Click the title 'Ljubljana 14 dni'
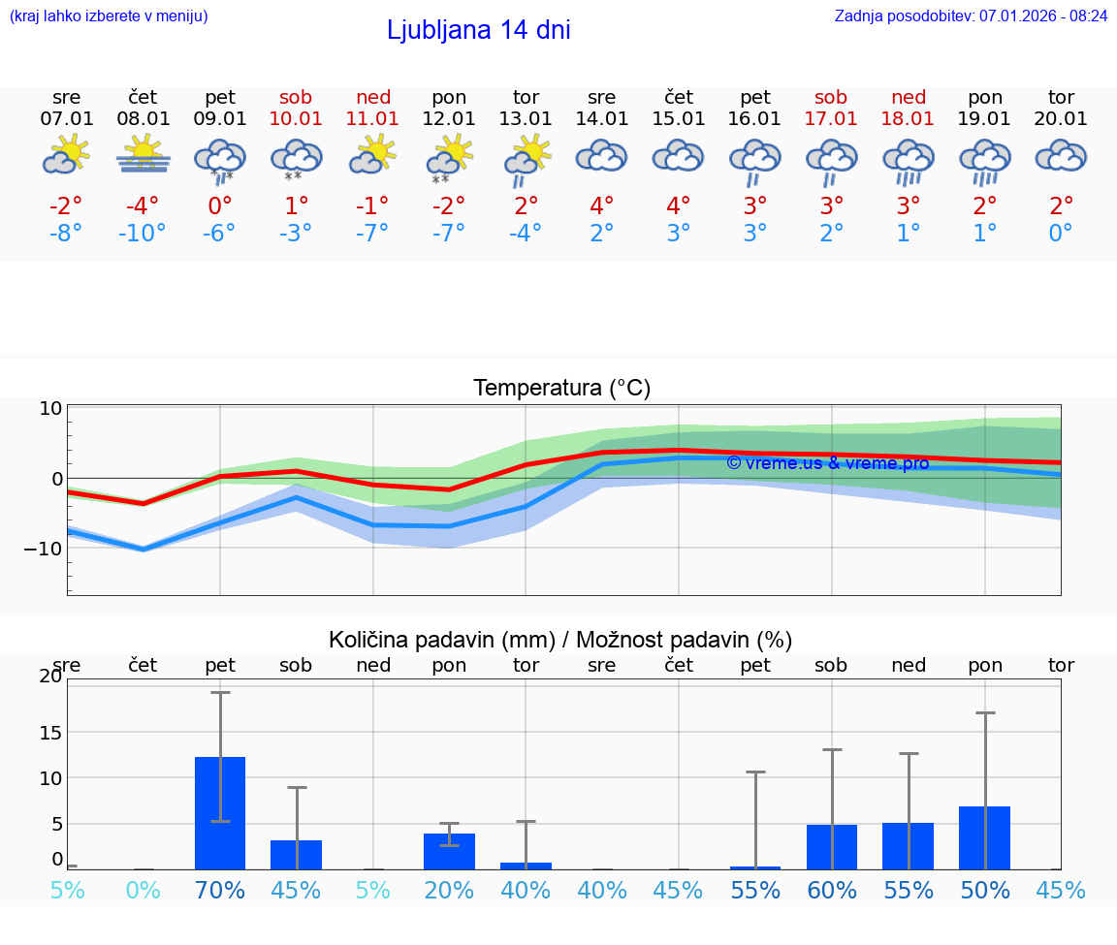478,30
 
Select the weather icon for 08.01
144,155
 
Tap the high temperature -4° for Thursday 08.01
144,206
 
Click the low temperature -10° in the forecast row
143,234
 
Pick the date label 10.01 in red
296,118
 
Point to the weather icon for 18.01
908,160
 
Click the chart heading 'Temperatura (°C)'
561,388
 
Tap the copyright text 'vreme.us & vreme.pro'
827,462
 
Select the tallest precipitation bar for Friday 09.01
220,813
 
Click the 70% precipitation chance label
220,890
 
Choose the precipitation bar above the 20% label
449,851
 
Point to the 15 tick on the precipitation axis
48,732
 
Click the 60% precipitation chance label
832,890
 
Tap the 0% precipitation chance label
143,890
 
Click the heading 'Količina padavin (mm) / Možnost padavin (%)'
560,640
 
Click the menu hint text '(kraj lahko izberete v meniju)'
108,16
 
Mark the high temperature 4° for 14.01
602,206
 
